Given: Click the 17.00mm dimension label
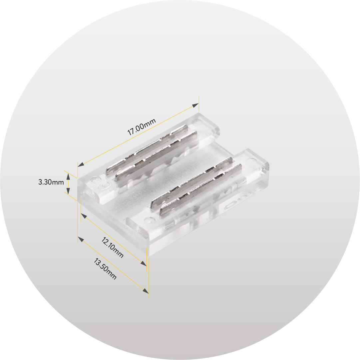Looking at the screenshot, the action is click(142, 127).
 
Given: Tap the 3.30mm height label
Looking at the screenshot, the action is click(51, 182).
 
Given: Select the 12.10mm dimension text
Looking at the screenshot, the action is click(113, 247).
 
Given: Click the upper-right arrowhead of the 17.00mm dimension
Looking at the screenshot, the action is click(195, 105).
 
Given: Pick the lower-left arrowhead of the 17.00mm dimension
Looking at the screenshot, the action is click(81, 164).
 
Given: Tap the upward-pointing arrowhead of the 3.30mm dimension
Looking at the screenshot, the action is click(68, 177).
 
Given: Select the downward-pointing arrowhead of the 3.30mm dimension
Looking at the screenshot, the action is click(68, 191).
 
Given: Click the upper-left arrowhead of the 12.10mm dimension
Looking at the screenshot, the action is click(84, 216).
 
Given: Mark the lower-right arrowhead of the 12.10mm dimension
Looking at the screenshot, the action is click(144, 263).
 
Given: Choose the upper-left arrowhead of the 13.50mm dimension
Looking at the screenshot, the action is click(81, 239).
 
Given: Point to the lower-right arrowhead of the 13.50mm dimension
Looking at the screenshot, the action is click(146, 291).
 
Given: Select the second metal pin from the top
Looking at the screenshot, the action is click(156, 156).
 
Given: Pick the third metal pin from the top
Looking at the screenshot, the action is click(191, 183).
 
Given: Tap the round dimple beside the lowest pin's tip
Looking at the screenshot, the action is click(150, 220).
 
